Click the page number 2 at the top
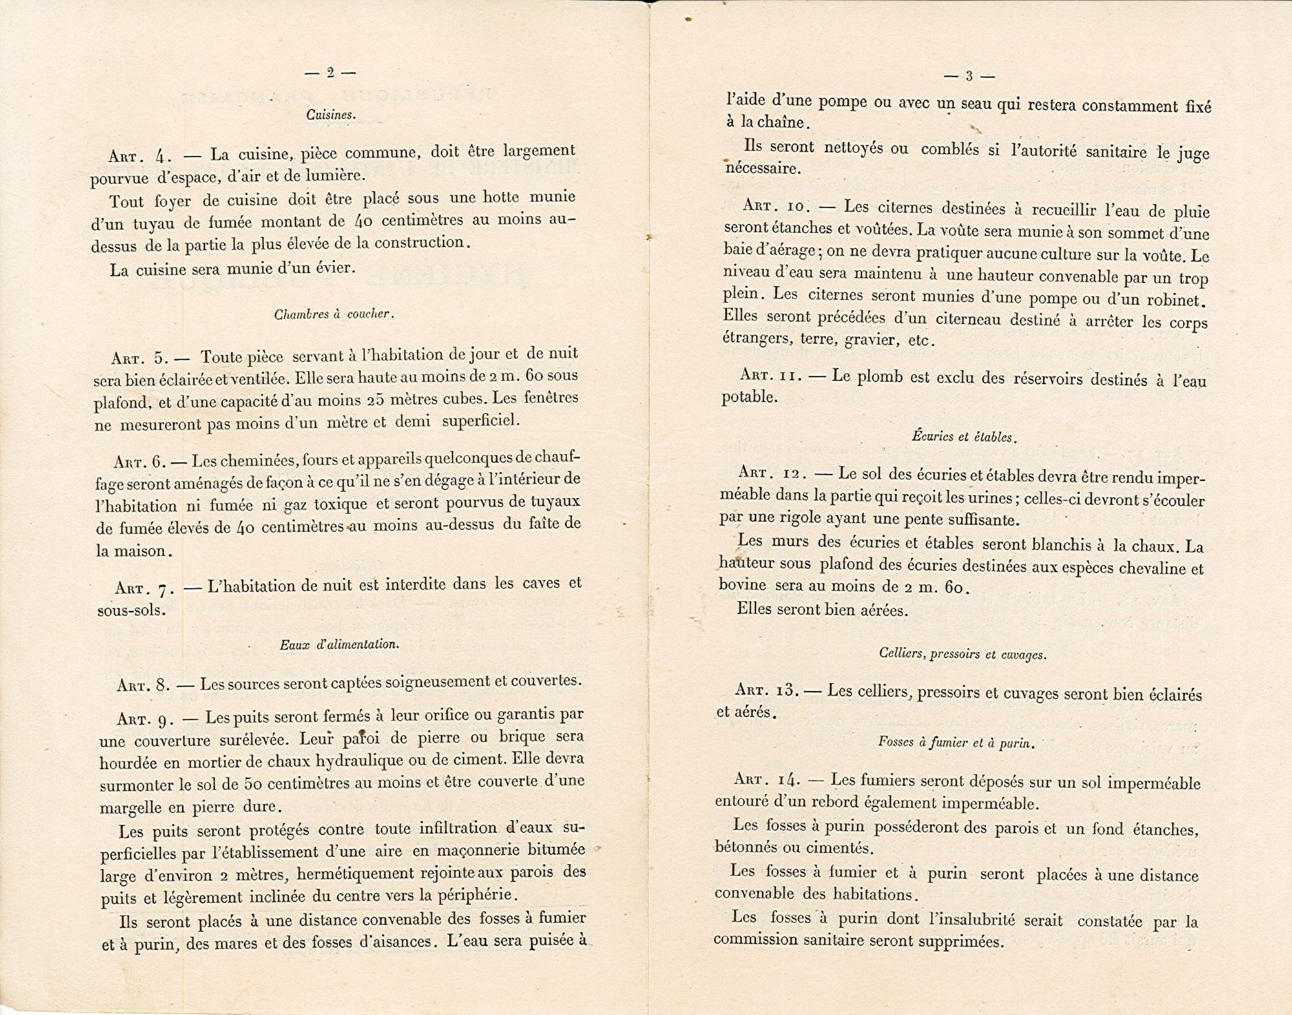[330, 73]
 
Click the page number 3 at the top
[968, 76]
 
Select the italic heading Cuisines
[331, 115]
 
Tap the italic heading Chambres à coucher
[334, 315]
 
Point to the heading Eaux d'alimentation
[340, 644]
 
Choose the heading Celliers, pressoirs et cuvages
[963, 654]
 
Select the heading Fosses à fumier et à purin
[957, 742]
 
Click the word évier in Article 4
[331, 267]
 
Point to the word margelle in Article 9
[132, 808]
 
